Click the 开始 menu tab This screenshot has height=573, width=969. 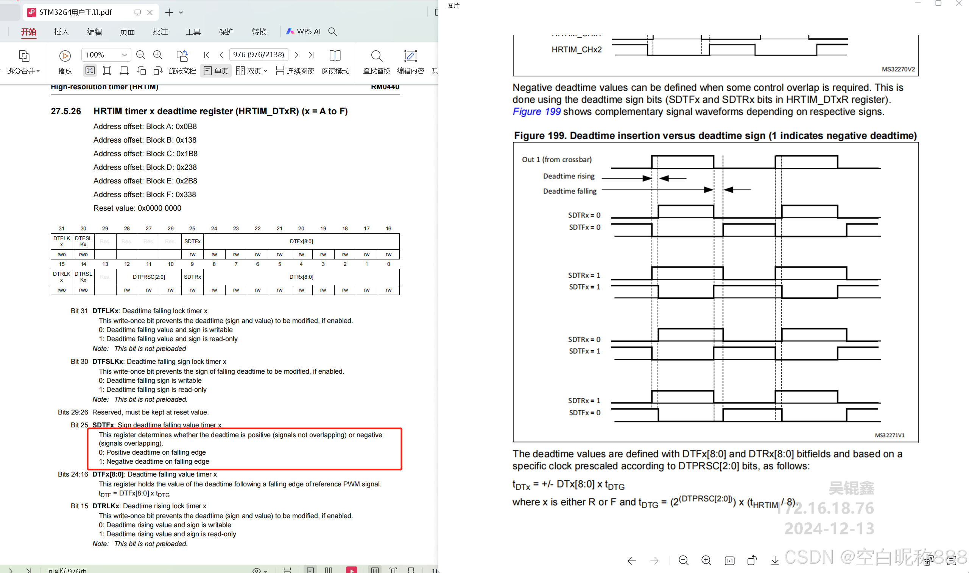pos(29,32)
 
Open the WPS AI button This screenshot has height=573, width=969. pos(303,32)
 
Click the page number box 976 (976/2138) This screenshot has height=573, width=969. pos(259,54)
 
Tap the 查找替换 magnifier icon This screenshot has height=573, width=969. pos(376,56)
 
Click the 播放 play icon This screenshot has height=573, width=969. pos(65,56)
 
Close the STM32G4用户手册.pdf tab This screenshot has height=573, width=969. pos(150,12)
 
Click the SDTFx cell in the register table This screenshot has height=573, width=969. pos(192,241)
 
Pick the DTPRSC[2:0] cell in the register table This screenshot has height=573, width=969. pos(149,277)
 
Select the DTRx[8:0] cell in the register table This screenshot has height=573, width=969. pos(301,277)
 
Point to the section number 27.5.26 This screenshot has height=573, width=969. pos(66,111)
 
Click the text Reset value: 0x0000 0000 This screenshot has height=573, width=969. pos(137,208)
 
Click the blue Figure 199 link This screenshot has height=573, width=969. pos(536,112)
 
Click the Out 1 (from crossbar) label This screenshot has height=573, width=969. pos(556,160)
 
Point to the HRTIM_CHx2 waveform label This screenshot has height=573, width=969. pos(576,50)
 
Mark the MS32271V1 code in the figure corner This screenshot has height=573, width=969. pos(890,435)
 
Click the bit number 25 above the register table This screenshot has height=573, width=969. pos(192,228)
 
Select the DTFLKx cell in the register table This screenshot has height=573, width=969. pos(61,241)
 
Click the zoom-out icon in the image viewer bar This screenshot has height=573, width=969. pos(683,560)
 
